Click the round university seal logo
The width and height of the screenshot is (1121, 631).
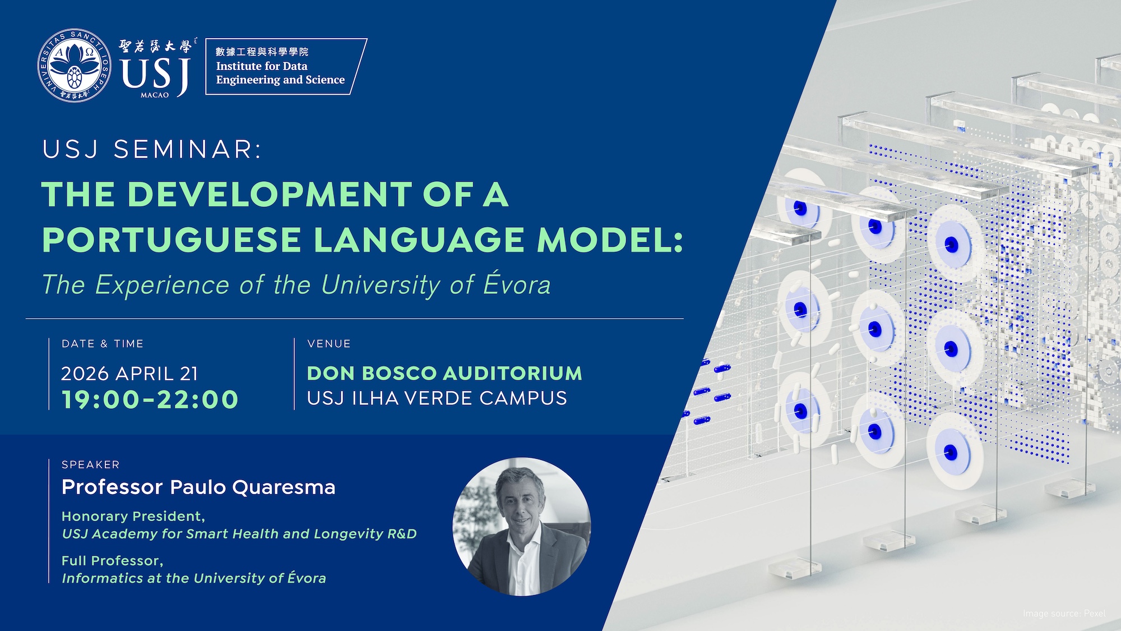click(x=75, y=66)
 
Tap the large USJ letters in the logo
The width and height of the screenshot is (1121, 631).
click(x=155, y=75)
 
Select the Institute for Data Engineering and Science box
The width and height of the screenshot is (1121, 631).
click(x=286, y=66)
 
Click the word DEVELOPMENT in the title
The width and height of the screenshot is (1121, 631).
click(x=270, y=194)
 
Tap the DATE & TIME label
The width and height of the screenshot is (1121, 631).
click(x=103, y=344)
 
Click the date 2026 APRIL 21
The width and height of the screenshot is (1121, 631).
click(x=129, y=374)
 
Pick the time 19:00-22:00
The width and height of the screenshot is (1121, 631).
click(x=150, y=399)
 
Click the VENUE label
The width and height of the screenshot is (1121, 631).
click(x=329, y=344)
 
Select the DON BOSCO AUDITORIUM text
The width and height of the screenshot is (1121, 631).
click(x=444, y=374)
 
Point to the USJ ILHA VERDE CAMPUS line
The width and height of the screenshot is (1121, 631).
click(x=437, y=398)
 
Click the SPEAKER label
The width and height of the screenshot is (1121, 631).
click(x=91, y=464)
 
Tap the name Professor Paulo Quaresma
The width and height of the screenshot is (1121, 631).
click(x=198, y=487)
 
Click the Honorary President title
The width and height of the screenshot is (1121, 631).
click(x=133, y=517)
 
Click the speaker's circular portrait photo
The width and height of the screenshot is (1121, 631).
click(x=521, y=527)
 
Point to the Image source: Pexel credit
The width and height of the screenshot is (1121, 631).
click(x=1064, y=614)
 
